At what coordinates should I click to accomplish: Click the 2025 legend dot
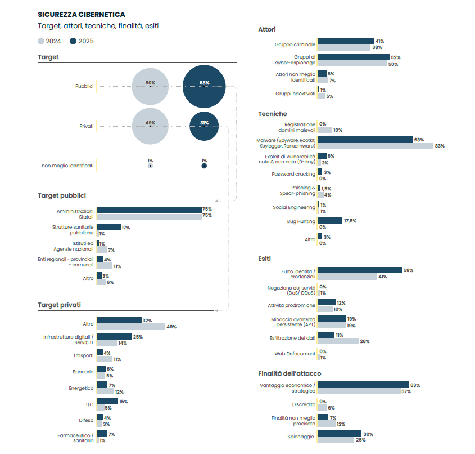click(x=74, y=41)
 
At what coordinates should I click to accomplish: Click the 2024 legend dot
click(x=41, y=41)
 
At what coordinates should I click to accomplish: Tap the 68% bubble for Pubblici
click(x=204, y=86)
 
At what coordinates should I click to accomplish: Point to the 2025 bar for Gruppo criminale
click(x=346, y=41)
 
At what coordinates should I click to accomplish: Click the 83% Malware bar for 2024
click(x=375, y=146)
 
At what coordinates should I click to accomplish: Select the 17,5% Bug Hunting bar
click(x=330, y=220)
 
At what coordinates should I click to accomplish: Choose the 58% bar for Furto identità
click(x=360, y=270)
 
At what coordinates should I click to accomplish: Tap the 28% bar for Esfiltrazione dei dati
click(x=338, y=341)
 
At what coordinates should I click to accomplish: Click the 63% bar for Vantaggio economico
click(x=363, y=385)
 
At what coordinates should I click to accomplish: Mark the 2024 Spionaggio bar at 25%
click(x=336, y=440)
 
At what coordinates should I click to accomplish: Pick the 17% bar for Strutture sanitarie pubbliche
click(x=109, y=227)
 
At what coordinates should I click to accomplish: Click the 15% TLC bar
click(x=107, y=401)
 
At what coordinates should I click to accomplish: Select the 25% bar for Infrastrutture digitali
click(x=115, y=336)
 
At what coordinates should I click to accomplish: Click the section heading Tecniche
click(x=273, y=114)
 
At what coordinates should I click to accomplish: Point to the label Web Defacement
click(x=295, y=354)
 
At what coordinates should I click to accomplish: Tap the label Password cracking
click(x=293, y=174)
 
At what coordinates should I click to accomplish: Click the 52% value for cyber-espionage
click(x=395, y=57)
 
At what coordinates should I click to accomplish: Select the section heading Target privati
click(x=59, y=305)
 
